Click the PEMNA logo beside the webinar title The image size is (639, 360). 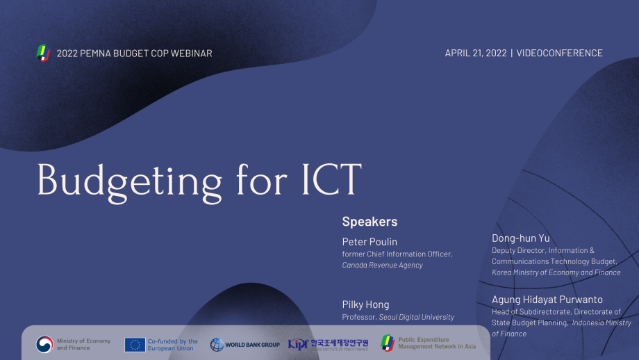44,53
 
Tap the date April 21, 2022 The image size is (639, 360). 475,54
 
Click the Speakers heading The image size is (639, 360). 370,222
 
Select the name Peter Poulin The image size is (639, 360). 370,242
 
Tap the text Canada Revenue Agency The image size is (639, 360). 382,265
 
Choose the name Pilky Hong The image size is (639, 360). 365,304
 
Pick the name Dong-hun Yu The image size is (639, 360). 520,238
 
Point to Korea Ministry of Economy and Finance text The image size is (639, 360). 556,272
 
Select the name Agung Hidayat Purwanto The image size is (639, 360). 547,300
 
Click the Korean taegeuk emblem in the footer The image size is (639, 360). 44,344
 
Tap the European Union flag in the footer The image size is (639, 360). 135,344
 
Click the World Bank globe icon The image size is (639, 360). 217,344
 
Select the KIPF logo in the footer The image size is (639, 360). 298,344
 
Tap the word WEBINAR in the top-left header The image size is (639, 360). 189,54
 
